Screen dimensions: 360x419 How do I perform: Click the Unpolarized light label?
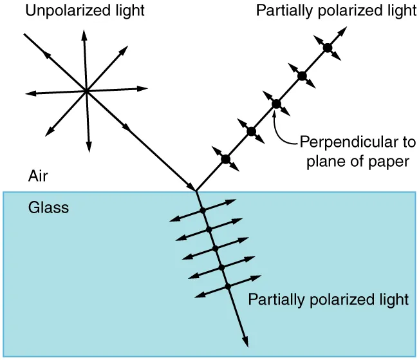click(x=85, y=10)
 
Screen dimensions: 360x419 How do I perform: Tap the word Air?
click(x=37, y=175)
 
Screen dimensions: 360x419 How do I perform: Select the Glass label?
click(x=48, y=208)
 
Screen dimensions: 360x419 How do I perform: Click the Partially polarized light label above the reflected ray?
click(x=336, y=10)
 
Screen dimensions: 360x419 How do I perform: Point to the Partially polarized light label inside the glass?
click(x=328, y=299)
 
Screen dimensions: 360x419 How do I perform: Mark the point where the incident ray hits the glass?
click(x=196, y=191)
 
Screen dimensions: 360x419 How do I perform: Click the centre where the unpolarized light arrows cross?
click(x=86, y=91)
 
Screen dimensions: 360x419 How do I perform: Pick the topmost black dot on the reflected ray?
click(x=327, y=47)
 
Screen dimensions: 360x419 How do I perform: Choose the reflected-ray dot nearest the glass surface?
click(x=225, y=158)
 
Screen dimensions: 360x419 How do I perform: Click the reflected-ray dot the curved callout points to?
click(x=276, y=104)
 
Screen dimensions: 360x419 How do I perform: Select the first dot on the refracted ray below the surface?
click(x=202, y=211)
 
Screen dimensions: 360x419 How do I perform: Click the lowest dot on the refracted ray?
click(x=227, y=287)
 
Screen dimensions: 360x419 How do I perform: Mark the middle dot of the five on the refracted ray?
click(x=215, y=248)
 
